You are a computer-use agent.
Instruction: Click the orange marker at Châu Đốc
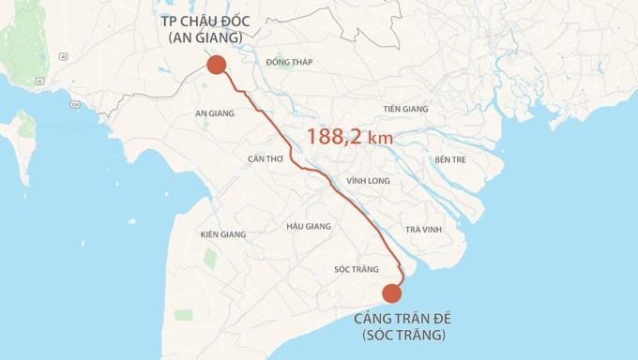click(216, 64)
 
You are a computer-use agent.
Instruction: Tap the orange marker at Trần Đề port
click(393, 293)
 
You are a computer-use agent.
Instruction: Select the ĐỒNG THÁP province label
click(289, 63)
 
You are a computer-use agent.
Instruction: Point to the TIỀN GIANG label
click(405, 109)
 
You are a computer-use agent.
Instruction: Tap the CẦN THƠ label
click(266, 158)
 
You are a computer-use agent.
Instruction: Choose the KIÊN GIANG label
click(223, 234)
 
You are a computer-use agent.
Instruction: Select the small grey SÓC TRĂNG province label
click(356, 270)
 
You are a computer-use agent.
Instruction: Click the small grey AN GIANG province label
click(214, 113)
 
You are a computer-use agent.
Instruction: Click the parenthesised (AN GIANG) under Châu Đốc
click(205, 37)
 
